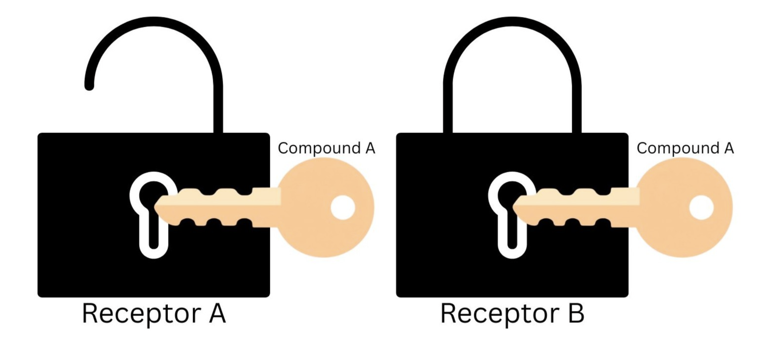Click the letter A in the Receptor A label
217,313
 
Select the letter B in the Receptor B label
576,313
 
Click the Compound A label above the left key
326,148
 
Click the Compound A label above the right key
685,148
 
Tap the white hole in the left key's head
343,207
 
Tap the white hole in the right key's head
701,207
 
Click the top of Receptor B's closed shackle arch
512,22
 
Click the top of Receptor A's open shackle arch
154,22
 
